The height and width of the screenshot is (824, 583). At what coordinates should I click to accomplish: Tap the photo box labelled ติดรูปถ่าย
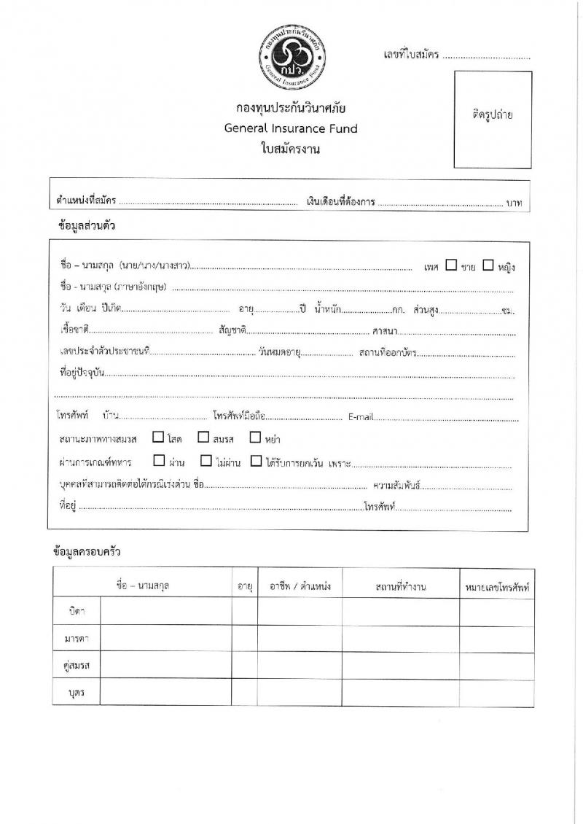click(x=493, y=119)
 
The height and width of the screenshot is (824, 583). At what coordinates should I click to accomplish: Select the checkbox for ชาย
click(x=451, y=265)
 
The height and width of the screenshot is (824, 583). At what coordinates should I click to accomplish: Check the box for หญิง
click(x=488, y=265)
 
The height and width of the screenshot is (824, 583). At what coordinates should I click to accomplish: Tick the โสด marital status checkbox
click(x=158, y=438)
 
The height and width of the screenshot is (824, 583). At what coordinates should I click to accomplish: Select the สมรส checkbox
click(x=203, y=438)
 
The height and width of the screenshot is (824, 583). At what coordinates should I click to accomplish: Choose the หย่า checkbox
click(x=255, y=438)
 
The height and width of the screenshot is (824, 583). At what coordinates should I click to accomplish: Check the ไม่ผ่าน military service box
click(x=206, y=461)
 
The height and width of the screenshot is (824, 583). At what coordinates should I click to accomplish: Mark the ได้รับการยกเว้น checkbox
click(x=255, y=461)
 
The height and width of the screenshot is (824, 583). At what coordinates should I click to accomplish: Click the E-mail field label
click(x=361, y=417)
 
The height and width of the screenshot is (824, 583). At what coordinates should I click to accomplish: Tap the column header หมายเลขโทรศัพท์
click(x=496, y=586)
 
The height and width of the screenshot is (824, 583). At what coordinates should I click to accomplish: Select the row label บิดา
click(x=77, y=611)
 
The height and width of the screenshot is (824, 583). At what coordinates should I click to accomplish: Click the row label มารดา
click(x=77, y=639)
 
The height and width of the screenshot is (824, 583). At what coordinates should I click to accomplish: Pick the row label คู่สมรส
click(x=77, y=666)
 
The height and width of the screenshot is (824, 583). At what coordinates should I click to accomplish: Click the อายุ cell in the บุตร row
click(x=244, y=693)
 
